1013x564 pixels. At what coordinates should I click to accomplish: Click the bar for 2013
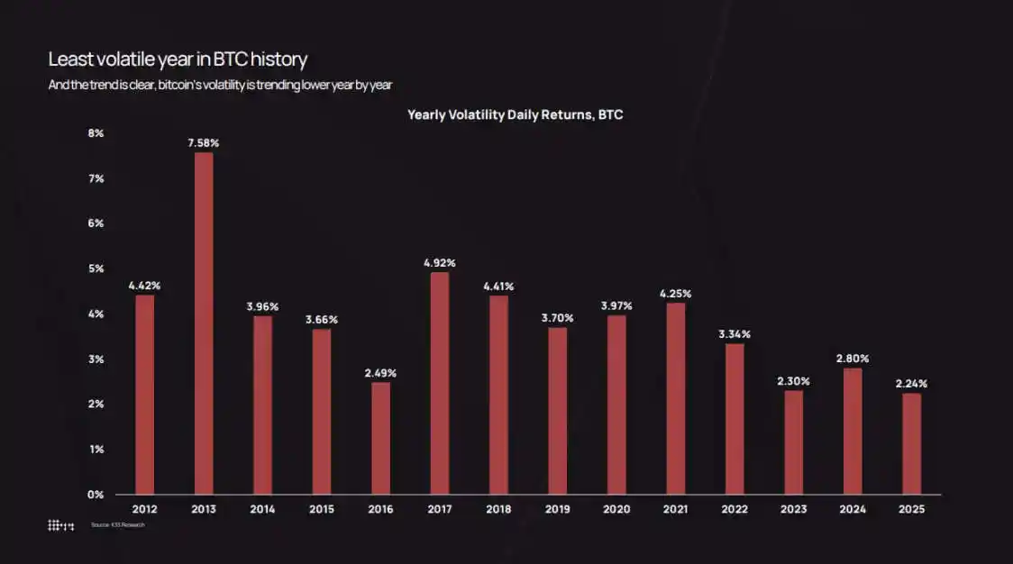click(204, 323)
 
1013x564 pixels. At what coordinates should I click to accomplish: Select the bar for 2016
click(380, 438)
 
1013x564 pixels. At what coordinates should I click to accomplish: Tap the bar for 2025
click(911, 443)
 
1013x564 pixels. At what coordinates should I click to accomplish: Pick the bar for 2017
click(440, 383)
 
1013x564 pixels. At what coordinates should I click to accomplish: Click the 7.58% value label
click(204, 142)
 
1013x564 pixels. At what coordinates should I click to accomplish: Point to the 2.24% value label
click(911, 383)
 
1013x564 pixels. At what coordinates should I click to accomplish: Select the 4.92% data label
click(440, 263)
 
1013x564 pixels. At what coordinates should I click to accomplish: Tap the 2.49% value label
click(380, 372)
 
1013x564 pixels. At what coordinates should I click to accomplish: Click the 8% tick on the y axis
click(96, 133)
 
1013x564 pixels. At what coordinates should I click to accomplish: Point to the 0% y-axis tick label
click(96, 495)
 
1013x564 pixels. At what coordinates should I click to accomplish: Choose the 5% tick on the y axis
click(96, 268)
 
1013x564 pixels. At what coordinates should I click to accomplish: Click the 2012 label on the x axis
click(144, 510)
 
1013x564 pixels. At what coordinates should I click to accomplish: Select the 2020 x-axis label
click(616, 510)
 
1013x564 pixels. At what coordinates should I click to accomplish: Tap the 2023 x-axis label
click(793, 510)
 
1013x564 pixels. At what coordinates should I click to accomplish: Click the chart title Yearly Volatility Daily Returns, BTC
click(515, 115)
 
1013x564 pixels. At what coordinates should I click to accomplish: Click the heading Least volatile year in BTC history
click(178, 59)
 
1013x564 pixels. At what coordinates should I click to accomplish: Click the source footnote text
click(117, 524)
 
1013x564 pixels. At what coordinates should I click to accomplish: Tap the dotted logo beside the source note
click(60, 524)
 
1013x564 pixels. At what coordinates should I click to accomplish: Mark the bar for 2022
click(735, 419)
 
